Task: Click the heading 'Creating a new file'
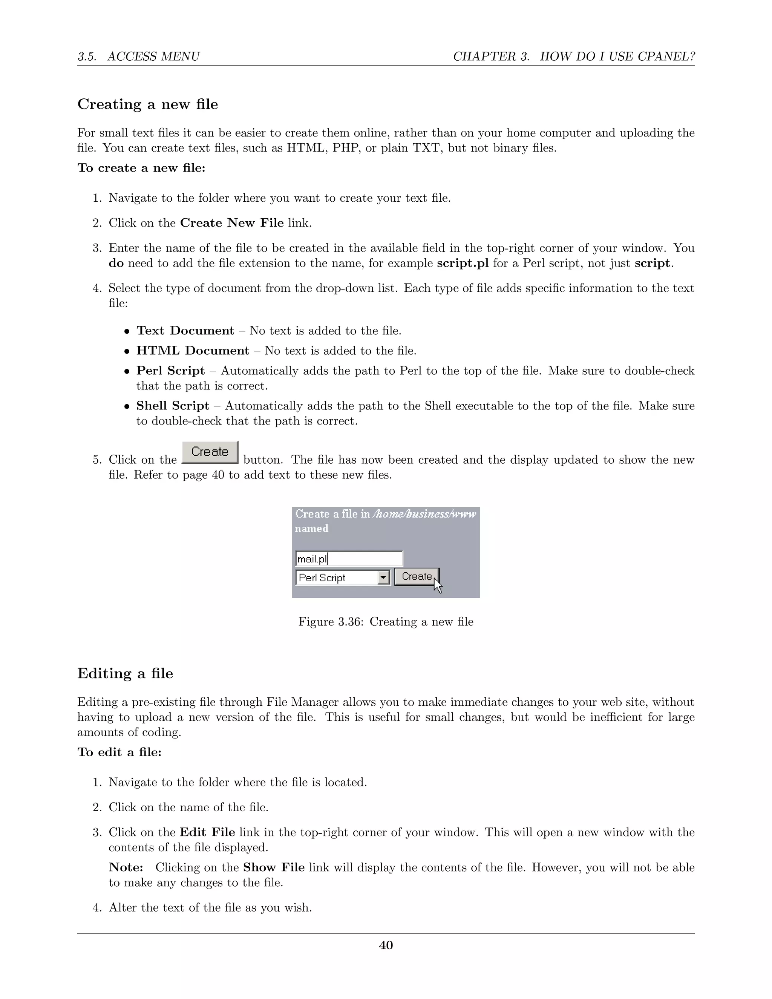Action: coord(148,104)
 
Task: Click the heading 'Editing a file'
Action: coord(125,673)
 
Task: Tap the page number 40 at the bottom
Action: coord(386,945)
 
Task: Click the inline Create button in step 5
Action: coord(210,452)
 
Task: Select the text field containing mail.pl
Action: coord(349,559)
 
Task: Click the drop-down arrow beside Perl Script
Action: coord(383,577)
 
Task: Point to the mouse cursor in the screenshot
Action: coord(438,585)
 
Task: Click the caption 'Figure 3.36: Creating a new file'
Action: coord(386,622)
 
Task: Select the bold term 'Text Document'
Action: coord(185,331)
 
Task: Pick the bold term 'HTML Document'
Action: coord(193,351)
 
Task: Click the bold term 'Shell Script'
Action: coord(172,406)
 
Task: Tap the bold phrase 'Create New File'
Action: coord(232,223)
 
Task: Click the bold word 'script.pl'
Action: coord(463,264)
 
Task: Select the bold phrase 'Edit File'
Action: coord(208,832)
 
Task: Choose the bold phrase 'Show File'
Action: coord(274,867)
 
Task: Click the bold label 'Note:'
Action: coord(126,867)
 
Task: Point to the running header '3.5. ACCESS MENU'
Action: coord(139,57)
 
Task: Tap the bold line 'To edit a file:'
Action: coord(119,752)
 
